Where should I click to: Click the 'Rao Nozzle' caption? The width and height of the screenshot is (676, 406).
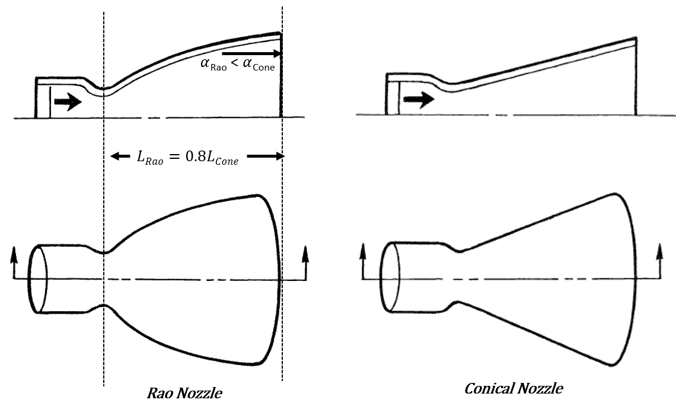(x=184, y=393)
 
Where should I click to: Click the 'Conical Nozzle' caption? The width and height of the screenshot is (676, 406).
(x=513, y=389)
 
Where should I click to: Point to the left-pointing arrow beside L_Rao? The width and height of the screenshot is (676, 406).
(x=120, y=156)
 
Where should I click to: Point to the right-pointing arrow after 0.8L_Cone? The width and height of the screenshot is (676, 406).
(x=266, y=156)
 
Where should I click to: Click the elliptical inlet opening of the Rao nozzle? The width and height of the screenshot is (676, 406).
(x=39, y=278)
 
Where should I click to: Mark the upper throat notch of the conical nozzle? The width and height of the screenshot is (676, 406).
(x=458, y=250)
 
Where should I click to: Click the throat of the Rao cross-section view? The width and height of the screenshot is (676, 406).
(x=104, y=90)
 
